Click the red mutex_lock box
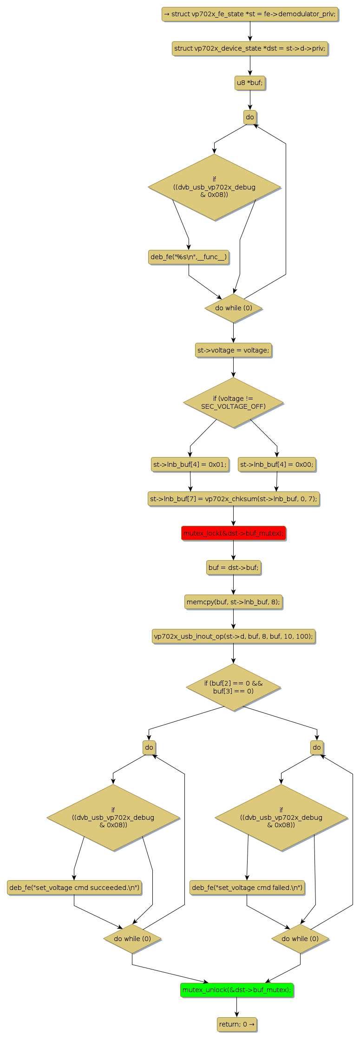[x=233, y=533]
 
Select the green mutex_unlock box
[x=237, y=990]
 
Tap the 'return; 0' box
[x=237, y=1024]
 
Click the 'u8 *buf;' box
[x=250, y=83]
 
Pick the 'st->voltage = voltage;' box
[x=233, y=350]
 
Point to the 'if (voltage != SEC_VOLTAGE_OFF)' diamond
[x=233, y=403]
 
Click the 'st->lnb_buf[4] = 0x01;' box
[x=190, y=464]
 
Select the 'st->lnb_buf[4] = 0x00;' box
[x=277, y=464]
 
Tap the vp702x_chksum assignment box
[x=233, y=499]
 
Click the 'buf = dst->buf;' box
[x=233, y=568]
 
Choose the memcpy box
[x=233, y=602]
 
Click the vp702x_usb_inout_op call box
[x=233, y=636]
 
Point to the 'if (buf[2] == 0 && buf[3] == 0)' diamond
[x=233, y=687]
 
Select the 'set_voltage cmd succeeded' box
[x=74, y=888]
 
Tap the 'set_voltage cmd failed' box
[x=247, y=888]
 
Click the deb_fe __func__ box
[x=189, y=257]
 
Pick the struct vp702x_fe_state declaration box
[x=250, y=14]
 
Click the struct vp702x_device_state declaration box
[x=250, y=48]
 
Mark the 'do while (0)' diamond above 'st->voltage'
[x=233, y=308]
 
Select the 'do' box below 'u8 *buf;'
[x=250, y=117]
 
